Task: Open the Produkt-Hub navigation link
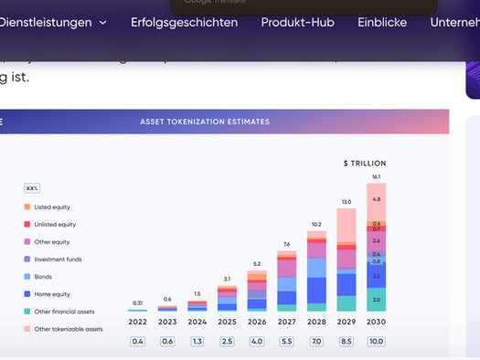pyautogui.click(x=296, y=22)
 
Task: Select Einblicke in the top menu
pyautogui.click(x=382, y=22)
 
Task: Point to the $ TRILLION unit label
pyautogui.click(x=364, y=164)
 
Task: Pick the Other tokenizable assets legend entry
pyautogui.click(x=68, y=329)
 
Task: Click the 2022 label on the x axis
pyautogui.click(x=138, y=322)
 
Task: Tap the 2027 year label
pyautogui.click(x=286, y=322)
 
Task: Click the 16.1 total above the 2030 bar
pyautogui.click(x=376, y=176)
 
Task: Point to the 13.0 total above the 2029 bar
pyautogui.click(x=346, y=201)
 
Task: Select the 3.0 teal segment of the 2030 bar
pyautogui.click(x=376, y=300)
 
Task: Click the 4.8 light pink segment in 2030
pyautogui.click(x=376, y=199)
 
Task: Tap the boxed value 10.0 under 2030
pyautogui.click(x=376, y=342)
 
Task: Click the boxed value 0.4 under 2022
pyautogui.click(x=138, y=342)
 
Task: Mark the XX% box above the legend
pyautogui.click(x=31, y=188)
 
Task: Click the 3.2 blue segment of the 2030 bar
pyautogui.click(x=376, y=275)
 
